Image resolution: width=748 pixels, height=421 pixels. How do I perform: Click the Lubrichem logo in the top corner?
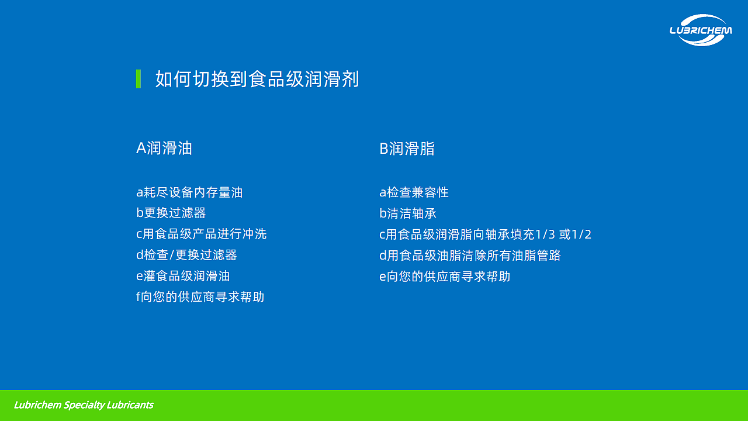click(700, 30)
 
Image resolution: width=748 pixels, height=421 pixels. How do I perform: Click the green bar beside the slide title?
click(138, 79)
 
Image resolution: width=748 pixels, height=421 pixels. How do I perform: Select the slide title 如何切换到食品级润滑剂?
click(257, 79)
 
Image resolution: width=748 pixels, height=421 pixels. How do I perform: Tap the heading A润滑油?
click(164, 149)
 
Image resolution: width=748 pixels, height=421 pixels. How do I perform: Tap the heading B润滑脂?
click(407, 149)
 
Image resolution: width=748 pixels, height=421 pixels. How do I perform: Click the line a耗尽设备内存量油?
click(189, 192)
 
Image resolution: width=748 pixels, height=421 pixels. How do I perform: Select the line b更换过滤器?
click(171, 213)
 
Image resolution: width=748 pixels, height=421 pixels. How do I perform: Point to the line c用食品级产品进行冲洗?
click(201, 234)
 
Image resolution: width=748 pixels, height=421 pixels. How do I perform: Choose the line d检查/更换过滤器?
click(186, 255)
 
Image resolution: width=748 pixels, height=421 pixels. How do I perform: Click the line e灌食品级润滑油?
click(183, 276)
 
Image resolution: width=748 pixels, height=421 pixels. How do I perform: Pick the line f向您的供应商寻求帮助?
click(200, 297)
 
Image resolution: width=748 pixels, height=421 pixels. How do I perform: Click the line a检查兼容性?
click(414, 192)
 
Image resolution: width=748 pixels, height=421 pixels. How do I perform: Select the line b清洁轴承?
click(408, 213)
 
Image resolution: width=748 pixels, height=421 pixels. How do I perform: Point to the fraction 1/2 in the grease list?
click(581, 234)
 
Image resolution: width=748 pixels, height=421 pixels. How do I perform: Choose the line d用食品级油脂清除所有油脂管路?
click(470, 255)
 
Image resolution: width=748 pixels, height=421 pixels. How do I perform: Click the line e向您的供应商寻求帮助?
click(445, 276)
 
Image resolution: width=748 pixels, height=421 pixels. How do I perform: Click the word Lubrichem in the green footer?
click(37, 405)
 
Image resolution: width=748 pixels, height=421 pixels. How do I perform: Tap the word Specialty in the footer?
click(84, 405)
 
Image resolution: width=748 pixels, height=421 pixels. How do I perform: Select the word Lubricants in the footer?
click(130, 405)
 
